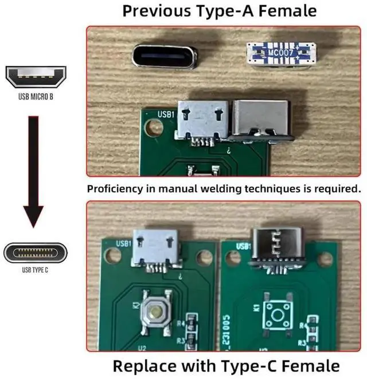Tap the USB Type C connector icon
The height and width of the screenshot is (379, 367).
tap(36, 252)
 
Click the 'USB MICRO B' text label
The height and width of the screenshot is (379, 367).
tap(36, 97)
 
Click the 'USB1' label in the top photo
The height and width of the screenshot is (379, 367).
tap(166, 116)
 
